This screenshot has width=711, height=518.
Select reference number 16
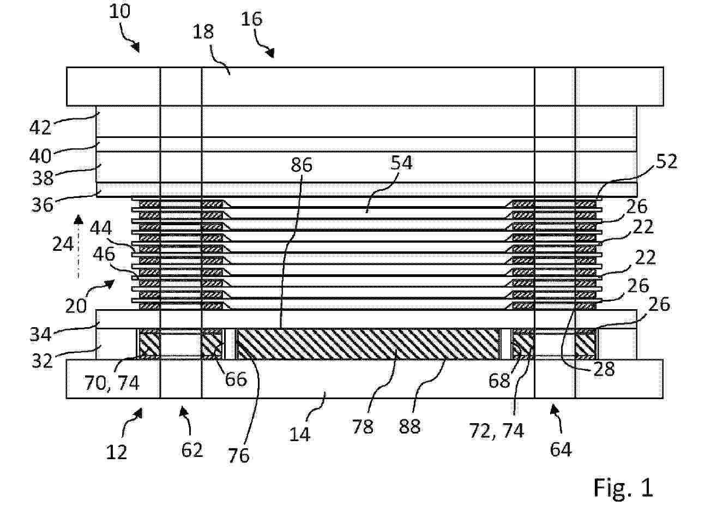(252, 19)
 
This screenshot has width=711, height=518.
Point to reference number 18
(203, 32)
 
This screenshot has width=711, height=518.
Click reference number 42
(40, 128)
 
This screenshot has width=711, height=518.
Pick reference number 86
(302, 165)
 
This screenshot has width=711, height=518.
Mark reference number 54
(401, 163)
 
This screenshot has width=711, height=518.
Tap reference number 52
(666, 161)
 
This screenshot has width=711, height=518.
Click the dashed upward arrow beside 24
(79, 246)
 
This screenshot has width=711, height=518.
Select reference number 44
(101, 228)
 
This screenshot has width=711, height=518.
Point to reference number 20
(76, 306)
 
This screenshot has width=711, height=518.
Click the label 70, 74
(112, 383)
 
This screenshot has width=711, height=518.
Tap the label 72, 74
(497, 431)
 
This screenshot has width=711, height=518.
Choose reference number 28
(604, 369)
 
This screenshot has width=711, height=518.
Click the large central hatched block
(369, 344)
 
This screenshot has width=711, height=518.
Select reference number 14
(300, 435)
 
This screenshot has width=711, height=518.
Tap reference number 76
(238, 456)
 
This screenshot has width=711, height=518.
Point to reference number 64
(561, 450)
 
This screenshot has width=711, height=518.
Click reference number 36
(42, 204)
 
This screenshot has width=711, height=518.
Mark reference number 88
(410, 426)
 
